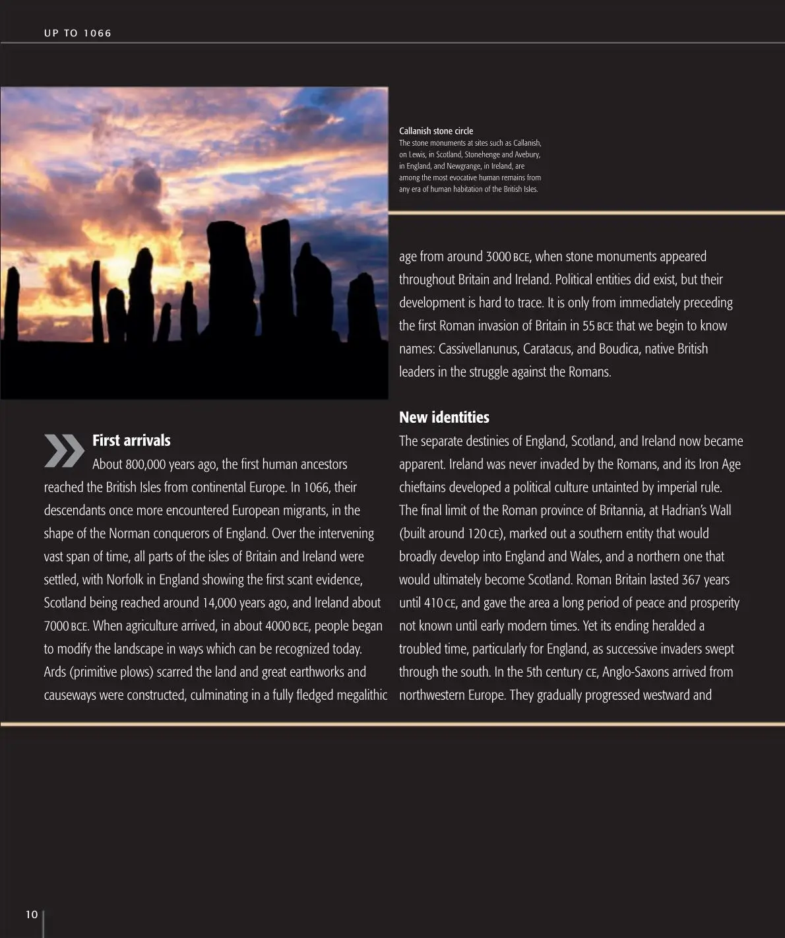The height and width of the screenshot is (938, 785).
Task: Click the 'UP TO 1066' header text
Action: click(x=78, y=33)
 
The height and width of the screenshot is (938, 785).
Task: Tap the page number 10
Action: click(x=32, y=914)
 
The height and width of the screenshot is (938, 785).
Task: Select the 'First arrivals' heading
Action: click(x=131, y=441)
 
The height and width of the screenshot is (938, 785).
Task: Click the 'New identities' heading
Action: click(x=444, y=418)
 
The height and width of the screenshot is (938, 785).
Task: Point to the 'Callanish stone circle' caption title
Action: click(x=436, y=131)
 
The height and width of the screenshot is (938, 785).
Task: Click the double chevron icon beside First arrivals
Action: click(x=64, y=451)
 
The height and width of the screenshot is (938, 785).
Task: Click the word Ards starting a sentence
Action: click(x=55, y=672)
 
